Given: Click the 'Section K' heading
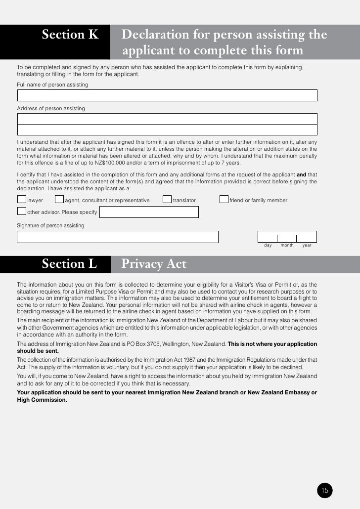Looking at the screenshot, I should click(70, 35).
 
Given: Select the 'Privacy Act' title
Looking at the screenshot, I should click(154, 264).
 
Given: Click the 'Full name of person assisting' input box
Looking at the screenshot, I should click(167, 95).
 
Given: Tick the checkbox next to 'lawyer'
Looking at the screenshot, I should click(21, 200).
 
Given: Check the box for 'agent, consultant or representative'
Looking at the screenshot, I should click(59, 200).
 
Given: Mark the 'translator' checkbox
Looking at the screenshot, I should click(167, 200).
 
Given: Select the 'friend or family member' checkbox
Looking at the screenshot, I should click(224, 200).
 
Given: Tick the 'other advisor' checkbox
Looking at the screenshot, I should click(21, 212).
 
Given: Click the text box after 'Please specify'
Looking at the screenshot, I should click(149, 212).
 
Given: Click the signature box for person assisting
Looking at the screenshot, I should click(117, 237).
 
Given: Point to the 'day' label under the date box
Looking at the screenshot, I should click(268, 245).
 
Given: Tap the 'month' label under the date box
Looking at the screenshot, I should click(287, 245).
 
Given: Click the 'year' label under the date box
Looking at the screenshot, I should click(307, 245).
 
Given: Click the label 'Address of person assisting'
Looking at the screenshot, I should click(51, 108).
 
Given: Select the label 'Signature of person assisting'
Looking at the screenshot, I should click(50, 225).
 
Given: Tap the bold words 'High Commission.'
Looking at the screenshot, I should click(42, 400).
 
